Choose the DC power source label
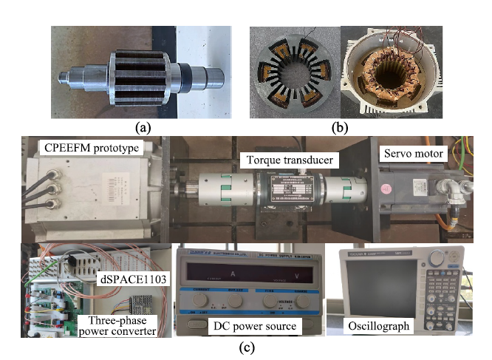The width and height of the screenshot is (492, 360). coord(253,326)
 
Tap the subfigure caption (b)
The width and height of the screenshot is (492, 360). coord(340,126)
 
